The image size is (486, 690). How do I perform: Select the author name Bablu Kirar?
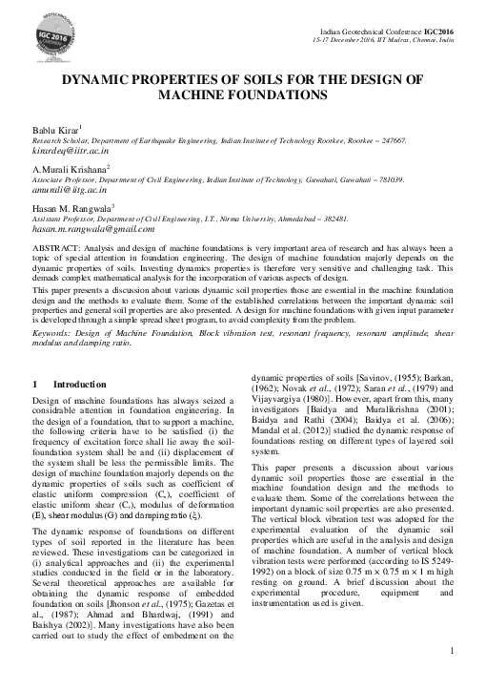(56, 129)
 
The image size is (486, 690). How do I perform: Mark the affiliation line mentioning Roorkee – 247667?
(219, 140)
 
